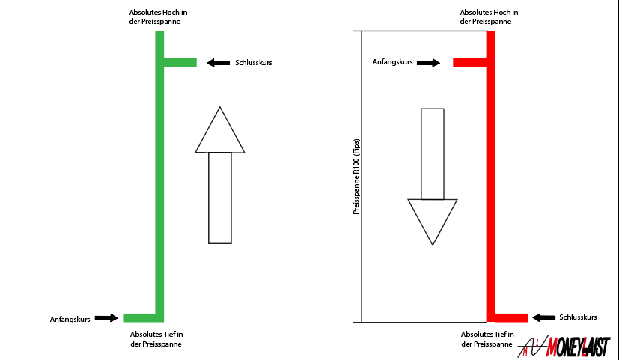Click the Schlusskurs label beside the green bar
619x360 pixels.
pos(254,63)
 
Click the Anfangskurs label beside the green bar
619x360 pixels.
pos(70,319)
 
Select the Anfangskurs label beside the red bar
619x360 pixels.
pos(392,62)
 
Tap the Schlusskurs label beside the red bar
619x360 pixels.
pos(578,317)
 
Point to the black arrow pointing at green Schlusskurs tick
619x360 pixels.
pos(219,63)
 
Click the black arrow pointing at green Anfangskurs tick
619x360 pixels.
pos(107,318)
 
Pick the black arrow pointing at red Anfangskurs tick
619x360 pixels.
pos(429,63)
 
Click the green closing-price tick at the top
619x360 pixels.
pos(180,63)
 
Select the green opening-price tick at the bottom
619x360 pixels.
pos(139,318)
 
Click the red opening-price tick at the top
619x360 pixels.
pos(470,62)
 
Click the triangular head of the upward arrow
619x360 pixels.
pos(219,132)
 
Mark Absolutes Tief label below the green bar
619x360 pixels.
pos(156,339)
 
